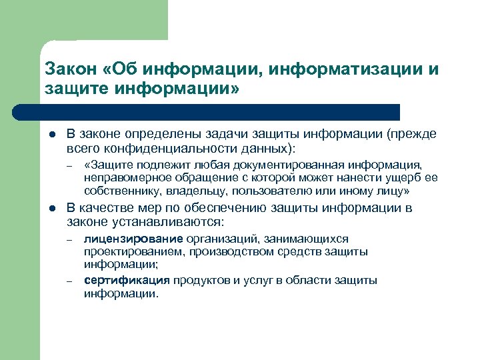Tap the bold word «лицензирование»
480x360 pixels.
click(x=133, y=239)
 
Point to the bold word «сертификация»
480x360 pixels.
click(x=127, y=280)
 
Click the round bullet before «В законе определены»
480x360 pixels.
click(x=52, y=134)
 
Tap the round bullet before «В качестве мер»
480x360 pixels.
click(x=52, y=208)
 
